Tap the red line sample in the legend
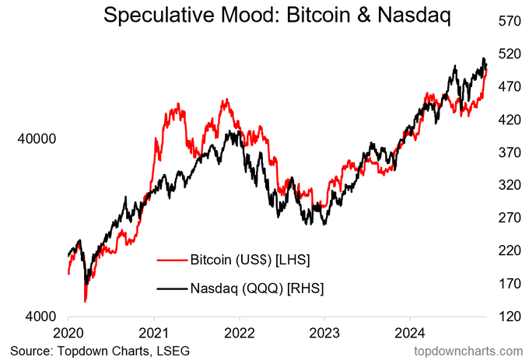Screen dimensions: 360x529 pyautogui.click(x=172, y=260)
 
